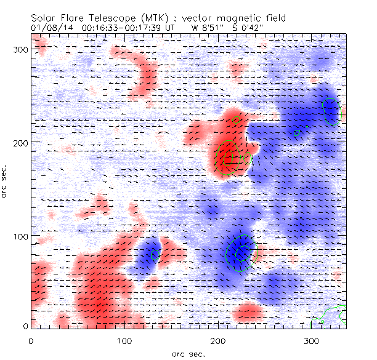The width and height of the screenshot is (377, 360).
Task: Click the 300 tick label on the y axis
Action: pyautogui.click(x=20, y=49)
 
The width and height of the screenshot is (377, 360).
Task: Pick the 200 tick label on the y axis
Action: pyautogui.click(x=20, y=143)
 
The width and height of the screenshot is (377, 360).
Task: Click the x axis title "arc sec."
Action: pyautogui.click(x=188, y=353)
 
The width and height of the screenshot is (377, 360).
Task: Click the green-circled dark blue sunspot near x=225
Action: pyautogui.click(x=241, y=252)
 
